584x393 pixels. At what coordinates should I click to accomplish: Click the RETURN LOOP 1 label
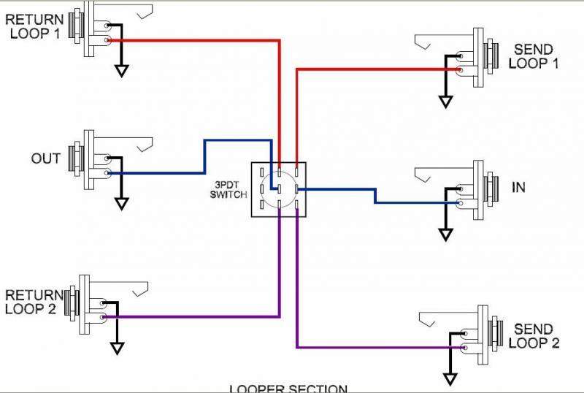click(34, 26)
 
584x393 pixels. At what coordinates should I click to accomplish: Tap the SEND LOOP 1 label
click(534, 56)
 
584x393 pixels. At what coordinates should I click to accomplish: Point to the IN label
click(518, 188)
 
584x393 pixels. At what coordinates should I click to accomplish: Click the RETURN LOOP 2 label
click(34, 301)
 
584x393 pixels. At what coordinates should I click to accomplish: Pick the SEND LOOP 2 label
click(534, 336)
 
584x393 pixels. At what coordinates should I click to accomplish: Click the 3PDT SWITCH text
click(229, 189)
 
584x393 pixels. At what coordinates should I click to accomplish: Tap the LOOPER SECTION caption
click(288, 388)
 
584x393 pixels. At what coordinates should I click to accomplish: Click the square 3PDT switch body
click(278, 189)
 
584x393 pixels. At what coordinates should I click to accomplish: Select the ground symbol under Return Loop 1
click(121, 71)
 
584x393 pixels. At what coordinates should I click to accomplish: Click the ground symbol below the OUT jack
click(121, 203)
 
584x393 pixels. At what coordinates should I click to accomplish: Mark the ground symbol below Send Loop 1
click(445, 102)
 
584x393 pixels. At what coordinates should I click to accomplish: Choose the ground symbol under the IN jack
click(445, 234)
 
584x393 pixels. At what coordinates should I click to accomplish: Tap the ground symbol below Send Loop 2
click(450, 378)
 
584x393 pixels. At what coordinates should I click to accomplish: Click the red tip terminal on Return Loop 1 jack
click(108, 40)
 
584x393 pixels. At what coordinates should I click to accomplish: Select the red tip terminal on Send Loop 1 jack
click(459, 70)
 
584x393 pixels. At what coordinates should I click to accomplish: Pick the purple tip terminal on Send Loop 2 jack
click(464, 348)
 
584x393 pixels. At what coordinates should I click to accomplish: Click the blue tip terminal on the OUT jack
click(108, 173)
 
